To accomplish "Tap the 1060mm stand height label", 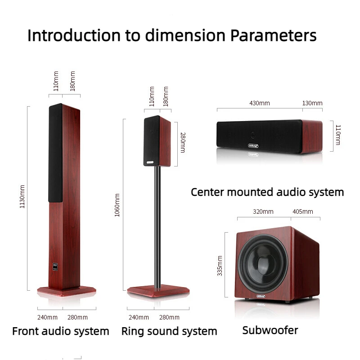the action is point(117,205).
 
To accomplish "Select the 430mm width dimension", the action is point(259,103).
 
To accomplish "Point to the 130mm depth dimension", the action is point(312,103).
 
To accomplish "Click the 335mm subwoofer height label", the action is point(220,266).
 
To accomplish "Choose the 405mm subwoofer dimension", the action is point(303,211).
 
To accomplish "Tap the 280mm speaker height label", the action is point(183,143).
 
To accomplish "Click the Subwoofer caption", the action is point(270,330).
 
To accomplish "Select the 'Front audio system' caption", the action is point(60,332).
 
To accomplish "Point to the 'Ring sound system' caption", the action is point(169,332).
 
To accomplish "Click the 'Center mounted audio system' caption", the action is point(267,192).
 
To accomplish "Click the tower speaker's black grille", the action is point(55,153).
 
